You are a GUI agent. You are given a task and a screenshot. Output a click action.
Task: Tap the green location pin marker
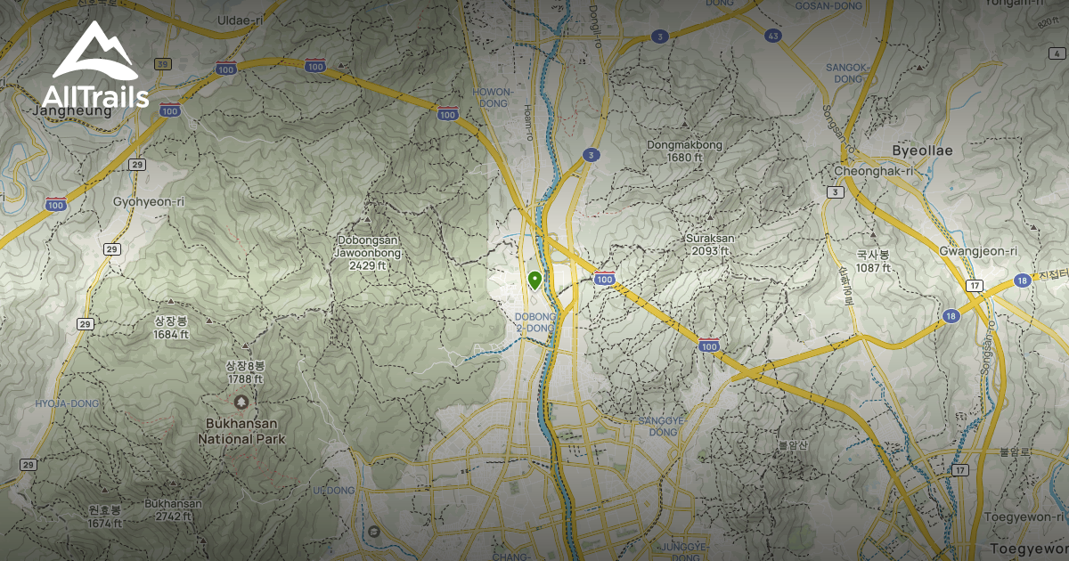(534, 280)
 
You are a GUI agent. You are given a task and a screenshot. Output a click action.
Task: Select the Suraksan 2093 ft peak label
(709, 245)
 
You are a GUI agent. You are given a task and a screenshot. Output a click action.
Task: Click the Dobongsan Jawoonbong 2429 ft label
(369, 252)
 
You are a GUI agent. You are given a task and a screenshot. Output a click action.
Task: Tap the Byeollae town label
(922, 150)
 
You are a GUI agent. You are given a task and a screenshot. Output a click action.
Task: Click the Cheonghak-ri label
(862, 171)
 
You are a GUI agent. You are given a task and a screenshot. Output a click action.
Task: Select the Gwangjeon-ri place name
(978, 251)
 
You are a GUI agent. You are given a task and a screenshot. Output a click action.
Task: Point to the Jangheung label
(71, 111)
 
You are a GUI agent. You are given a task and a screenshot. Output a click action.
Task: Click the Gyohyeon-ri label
(149, 201)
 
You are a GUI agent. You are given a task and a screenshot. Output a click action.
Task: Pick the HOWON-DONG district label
(493, 97)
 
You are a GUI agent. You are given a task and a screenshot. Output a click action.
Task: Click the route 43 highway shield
(772, 36)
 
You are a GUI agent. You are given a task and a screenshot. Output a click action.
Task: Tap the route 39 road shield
(162, 64)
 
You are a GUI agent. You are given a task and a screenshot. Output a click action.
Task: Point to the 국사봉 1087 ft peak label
(873, 261)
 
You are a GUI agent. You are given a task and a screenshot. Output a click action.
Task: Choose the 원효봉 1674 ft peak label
(104, 516)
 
